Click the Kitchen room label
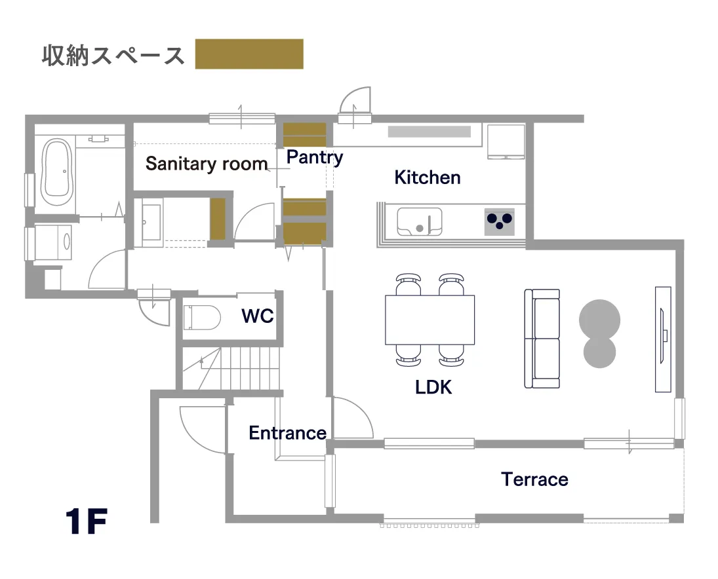pyautogui.click(x=428, y=177)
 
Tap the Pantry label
pyautogui.click(x=315, y=157)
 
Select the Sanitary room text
pyautogui.click(x=207, y=164)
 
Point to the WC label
pyautogui.click(x=257, y=316)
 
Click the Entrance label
pyautogui.click(x=287, y=433)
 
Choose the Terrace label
pyautogui.click(x=535, y=479)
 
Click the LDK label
pyautogui.click(x=433, y=387)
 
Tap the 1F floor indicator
pyautogui.click(x=86, y=522)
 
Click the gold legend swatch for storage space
pyautogui.click(x=249, y=54)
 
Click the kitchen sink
pyautogui.click(x=419, y=221)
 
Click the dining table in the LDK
pyautogui.click(x=429, y=320)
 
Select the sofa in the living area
pyautogui.click(x=542, y=339)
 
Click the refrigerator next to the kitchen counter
pyautogui.click(x=506, y=142)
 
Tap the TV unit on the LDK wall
pyautogui.click(x=663, y=339)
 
